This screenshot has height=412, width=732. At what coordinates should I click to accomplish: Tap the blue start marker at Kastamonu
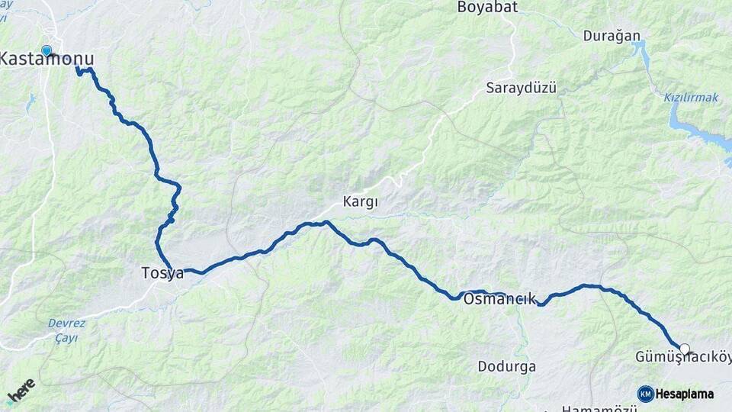tap(47, 50)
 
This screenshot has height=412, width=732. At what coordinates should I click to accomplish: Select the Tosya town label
tap(162, 272)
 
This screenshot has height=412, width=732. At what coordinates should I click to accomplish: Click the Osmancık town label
tap(499, 299)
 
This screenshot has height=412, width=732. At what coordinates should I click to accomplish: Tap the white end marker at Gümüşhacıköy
tap(685, 349)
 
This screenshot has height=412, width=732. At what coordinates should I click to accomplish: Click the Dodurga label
tap(506, 366)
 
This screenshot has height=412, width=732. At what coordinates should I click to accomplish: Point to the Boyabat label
tap(487, 8)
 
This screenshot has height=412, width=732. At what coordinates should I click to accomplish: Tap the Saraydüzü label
tap(522, 88)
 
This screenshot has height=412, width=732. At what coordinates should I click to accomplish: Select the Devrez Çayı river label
tap(66, 330)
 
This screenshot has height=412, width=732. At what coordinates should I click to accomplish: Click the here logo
tap(21, 391)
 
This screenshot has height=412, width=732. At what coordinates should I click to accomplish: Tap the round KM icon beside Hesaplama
tap(646, 394)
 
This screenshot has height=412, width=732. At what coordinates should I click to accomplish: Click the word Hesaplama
tap(685, 394)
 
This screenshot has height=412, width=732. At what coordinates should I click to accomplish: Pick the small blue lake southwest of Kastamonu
tap(30, 101)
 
